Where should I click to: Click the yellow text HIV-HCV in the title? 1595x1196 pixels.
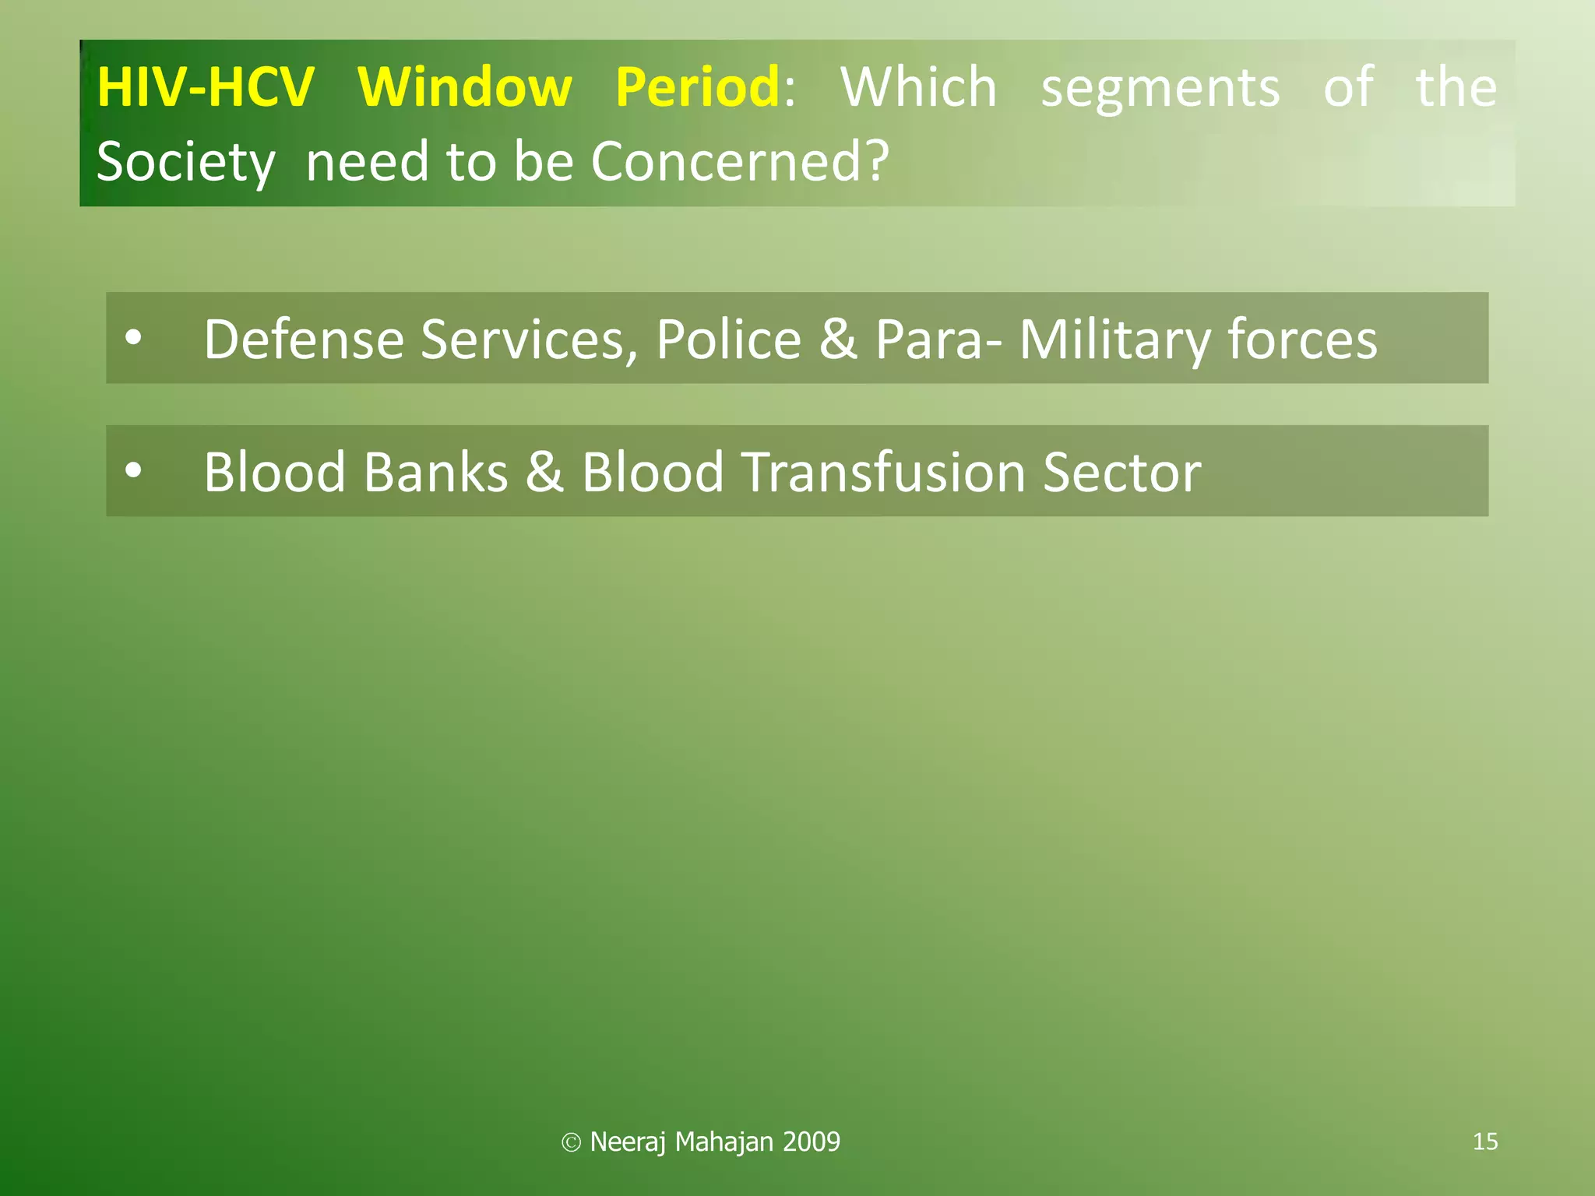tap(206, 87)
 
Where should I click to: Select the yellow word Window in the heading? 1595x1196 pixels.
tap(465, 87)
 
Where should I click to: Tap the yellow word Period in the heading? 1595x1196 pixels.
tap(698, 87)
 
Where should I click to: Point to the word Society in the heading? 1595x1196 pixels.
tap(185, 162)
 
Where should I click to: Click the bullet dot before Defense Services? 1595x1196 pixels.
tap(134, 338)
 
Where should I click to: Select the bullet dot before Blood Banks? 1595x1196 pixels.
tap(134, 470)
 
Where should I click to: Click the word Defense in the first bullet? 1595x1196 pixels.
tap(304, 339)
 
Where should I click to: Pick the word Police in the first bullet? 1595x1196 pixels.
tap(728, 339)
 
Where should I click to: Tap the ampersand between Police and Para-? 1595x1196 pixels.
tap(838, 339)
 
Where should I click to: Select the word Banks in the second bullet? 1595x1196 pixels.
tap(435, 472)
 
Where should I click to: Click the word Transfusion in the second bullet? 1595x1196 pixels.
tap(883, 472)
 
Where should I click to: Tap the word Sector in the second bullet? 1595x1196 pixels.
tap(1121, 472)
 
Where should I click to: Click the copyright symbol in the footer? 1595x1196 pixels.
tap(571, 1142)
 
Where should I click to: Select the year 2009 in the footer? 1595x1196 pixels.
tap(812, 1141)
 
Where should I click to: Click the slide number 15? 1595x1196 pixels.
tap(1485, 1141)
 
